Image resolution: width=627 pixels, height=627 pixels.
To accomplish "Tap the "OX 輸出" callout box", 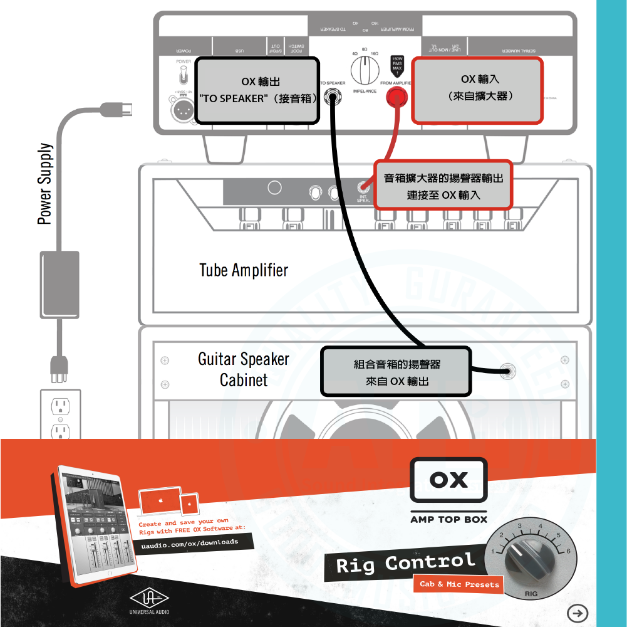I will point(257,90).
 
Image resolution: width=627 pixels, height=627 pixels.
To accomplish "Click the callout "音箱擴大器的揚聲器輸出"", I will point(443,186).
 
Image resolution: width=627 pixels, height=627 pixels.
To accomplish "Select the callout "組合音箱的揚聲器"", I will point(396,372).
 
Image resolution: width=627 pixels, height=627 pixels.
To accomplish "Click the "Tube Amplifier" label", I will point(244,270).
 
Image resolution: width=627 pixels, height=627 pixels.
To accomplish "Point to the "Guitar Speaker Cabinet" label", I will point(244,369).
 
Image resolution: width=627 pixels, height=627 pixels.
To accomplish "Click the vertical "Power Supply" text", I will point(44,184).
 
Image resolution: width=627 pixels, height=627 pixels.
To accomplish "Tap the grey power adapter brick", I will point(60,284).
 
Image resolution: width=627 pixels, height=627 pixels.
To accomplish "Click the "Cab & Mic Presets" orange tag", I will point(459,584).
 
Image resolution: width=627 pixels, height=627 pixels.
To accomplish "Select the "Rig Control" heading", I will point(405,564).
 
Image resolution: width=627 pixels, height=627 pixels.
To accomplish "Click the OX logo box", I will point(448,480).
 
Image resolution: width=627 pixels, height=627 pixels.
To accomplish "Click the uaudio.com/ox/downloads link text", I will point(190,542).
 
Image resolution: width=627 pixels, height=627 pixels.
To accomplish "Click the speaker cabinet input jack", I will point(507,371).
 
